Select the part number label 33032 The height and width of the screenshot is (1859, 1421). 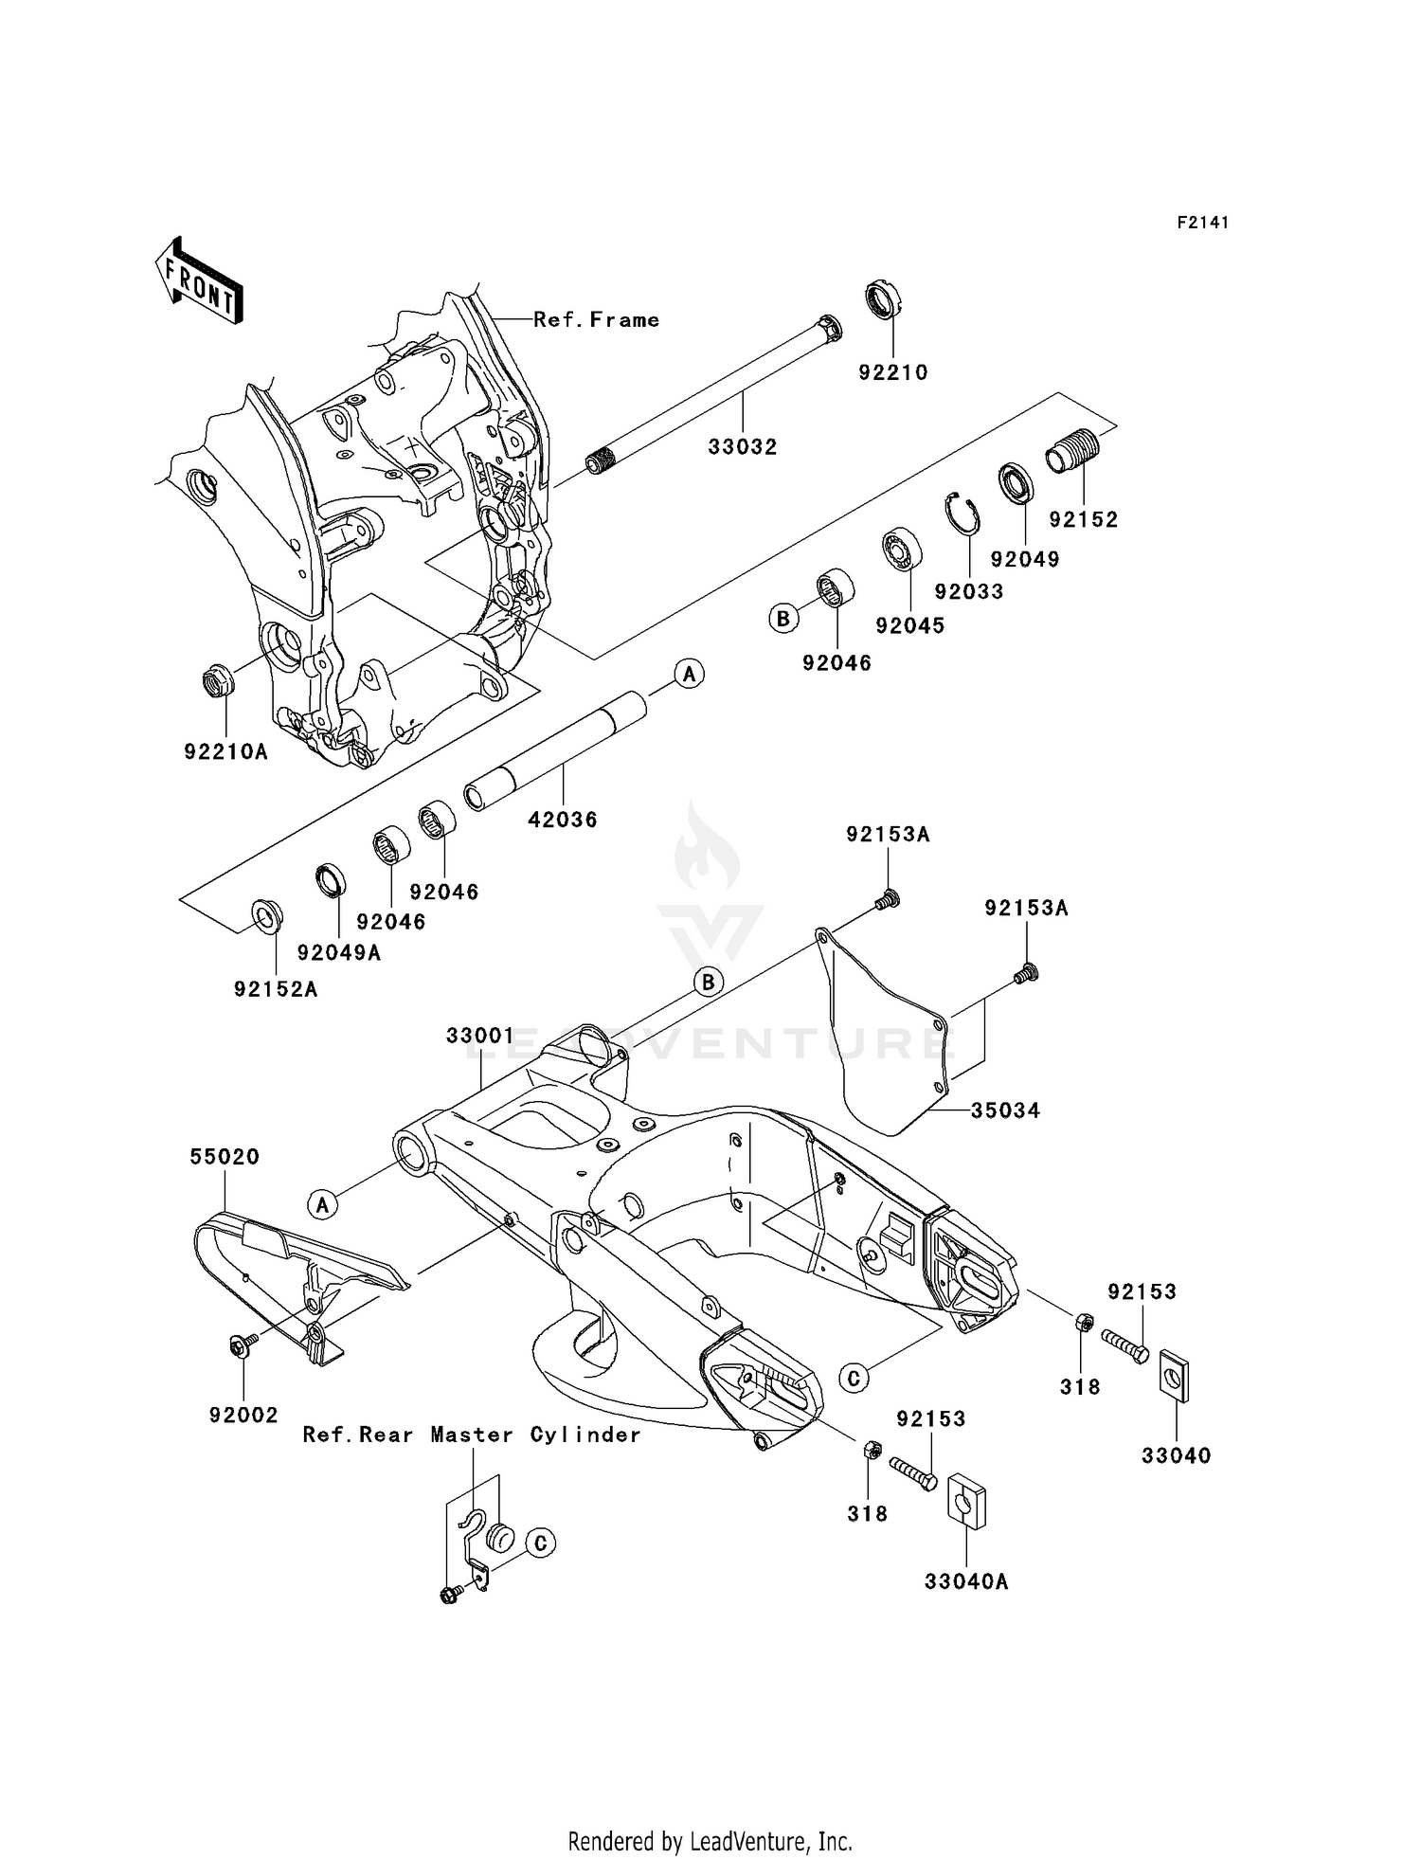pos(742,446)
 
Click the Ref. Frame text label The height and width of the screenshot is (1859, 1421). pos(596,320)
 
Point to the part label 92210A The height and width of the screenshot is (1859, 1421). pos(225,751)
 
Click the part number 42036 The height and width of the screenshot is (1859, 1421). pos(563,820)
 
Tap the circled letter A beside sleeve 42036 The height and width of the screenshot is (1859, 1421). pos(689,674)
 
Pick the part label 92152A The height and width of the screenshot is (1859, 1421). pos(276,989)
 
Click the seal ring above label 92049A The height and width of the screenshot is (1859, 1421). pos(330,878)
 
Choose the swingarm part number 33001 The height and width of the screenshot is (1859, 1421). pos(479,1036)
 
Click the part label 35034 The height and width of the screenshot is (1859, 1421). pos(1005,1110)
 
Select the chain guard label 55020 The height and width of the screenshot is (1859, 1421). pos(225,1157)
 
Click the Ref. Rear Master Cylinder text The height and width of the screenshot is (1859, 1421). pos(472,1435)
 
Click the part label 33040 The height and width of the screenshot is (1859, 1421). pos(1176,1455)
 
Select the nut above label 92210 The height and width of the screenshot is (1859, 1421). pos(886,300)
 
